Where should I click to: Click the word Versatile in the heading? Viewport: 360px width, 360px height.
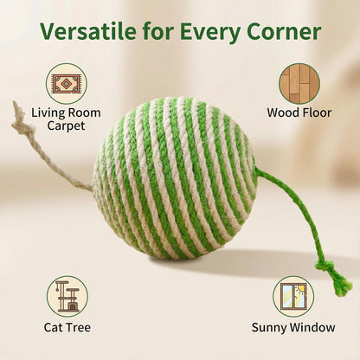pyautogui.click(x=89, y=33)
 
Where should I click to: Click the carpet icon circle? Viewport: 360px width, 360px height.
pyautogui.click(x=67, y=84)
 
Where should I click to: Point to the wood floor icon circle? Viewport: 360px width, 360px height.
pyautogui.click(x=299, y=84)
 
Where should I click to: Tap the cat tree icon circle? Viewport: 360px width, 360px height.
pyautogui.click(x=67, y=296)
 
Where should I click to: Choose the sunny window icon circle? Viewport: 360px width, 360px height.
pyautogui.click(x=293, y=296)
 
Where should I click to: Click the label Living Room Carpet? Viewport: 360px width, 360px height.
pyautogui.click(x=67, y=119)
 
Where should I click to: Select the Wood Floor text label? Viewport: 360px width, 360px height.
pyautogui.click(x=299, y=112)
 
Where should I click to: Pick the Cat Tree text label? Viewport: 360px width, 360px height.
pyautogui.click(x=67, y=328)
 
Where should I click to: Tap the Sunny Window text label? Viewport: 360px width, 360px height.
pyautogui.click(x=293, y=328)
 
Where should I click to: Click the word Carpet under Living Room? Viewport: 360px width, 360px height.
pyautogui.click(x=67, y=126)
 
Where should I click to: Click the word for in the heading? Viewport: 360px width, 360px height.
pyautogui.click(x=152, y=33)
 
